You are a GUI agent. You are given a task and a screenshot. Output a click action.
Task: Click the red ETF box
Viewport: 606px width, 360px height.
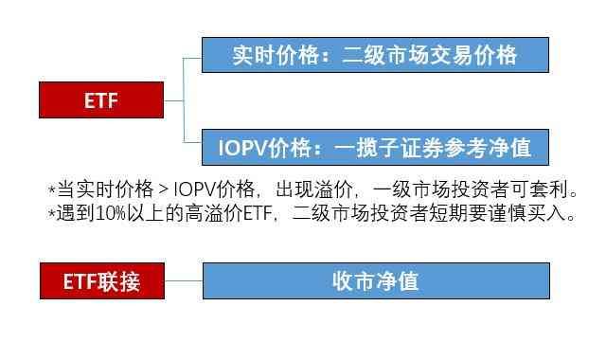(101, 99)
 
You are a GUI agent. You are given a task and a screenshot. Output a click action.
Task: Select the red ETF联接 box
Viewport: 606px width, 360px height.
(101, 281)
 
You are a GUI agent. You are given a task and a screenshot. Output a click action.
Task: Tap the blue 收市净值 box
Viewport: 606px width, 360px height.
(376, 281)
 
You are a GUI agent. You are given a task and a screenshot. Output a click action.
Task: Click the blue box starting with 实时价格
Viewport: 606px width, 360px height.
(376, 54)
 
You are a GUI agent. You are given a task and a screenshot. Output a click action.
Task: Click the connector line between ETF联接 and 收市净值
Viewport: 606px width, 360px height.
(184, 281)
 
